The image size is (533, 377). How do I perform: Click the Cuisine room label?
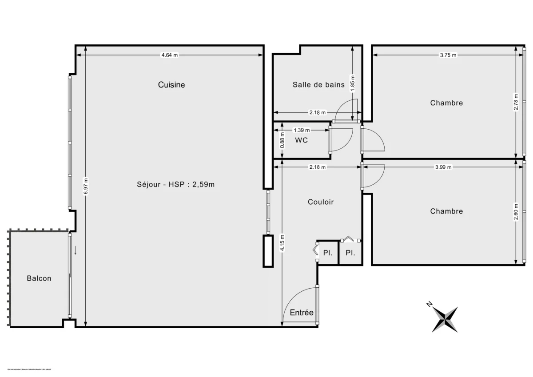click(171, 85)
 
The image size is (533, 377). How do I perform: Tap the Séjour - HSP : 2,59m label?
click(175, 184)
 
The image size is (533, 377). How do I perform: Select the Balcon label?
click(39, 278)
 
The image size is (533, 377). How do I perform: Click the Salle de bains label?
click(318, 84)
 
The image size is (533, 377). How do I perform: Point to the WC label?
click(302, 140)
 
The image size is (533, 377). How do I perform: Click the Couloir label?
click(321, 202)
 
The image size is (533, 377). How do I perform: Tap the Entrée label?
click(302, 313)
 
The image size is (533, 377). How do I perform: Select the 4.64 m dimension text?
click(169, 55)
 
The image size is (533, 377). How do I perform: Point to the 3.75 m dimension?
click(448, 55)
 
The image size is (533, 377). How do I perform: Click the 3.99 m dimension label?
click(443, 167)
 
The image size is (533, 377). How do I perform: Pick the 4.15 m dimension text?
click(282, 243)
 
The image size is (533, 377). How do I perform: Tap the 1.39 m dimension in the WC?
click(302, 131)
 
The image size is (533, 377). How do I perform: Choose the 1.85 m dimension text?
click(353, 83)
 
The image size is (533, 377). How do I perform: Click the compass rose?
click(445, 318)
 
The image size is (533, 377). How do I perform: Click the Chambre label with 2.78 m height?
click(446, 103)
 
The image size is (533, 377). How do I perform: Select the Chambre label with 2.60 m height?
click(446, 211)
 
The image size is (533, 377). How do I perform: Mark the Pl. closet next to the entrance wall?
click(328, 253)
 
